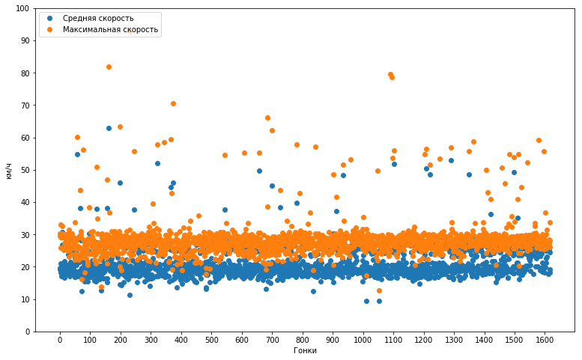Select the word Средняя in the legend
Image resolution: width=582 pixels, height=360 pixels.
point(79,18)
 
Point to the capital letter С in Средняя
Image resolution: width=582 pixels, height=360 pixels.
point(65,18)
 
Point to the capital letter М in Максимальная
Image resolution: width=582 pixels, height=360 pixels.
point(66,29)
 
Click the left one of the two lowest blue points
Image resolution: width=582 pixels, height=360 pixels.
point(366,301)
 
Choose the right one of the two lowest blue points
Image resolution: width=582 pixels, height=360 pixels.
point(379,301)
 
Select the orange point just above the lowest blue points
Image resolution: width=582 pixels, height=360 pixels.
point(379,290)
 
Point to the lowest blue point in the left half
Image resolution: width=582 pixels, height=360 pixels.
point(130,295)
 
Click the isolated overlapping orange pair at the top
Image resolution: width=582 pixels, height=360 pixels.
point(391,76)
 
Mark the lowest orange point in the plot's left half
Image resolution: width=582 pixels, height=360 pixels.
point(101,287)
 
